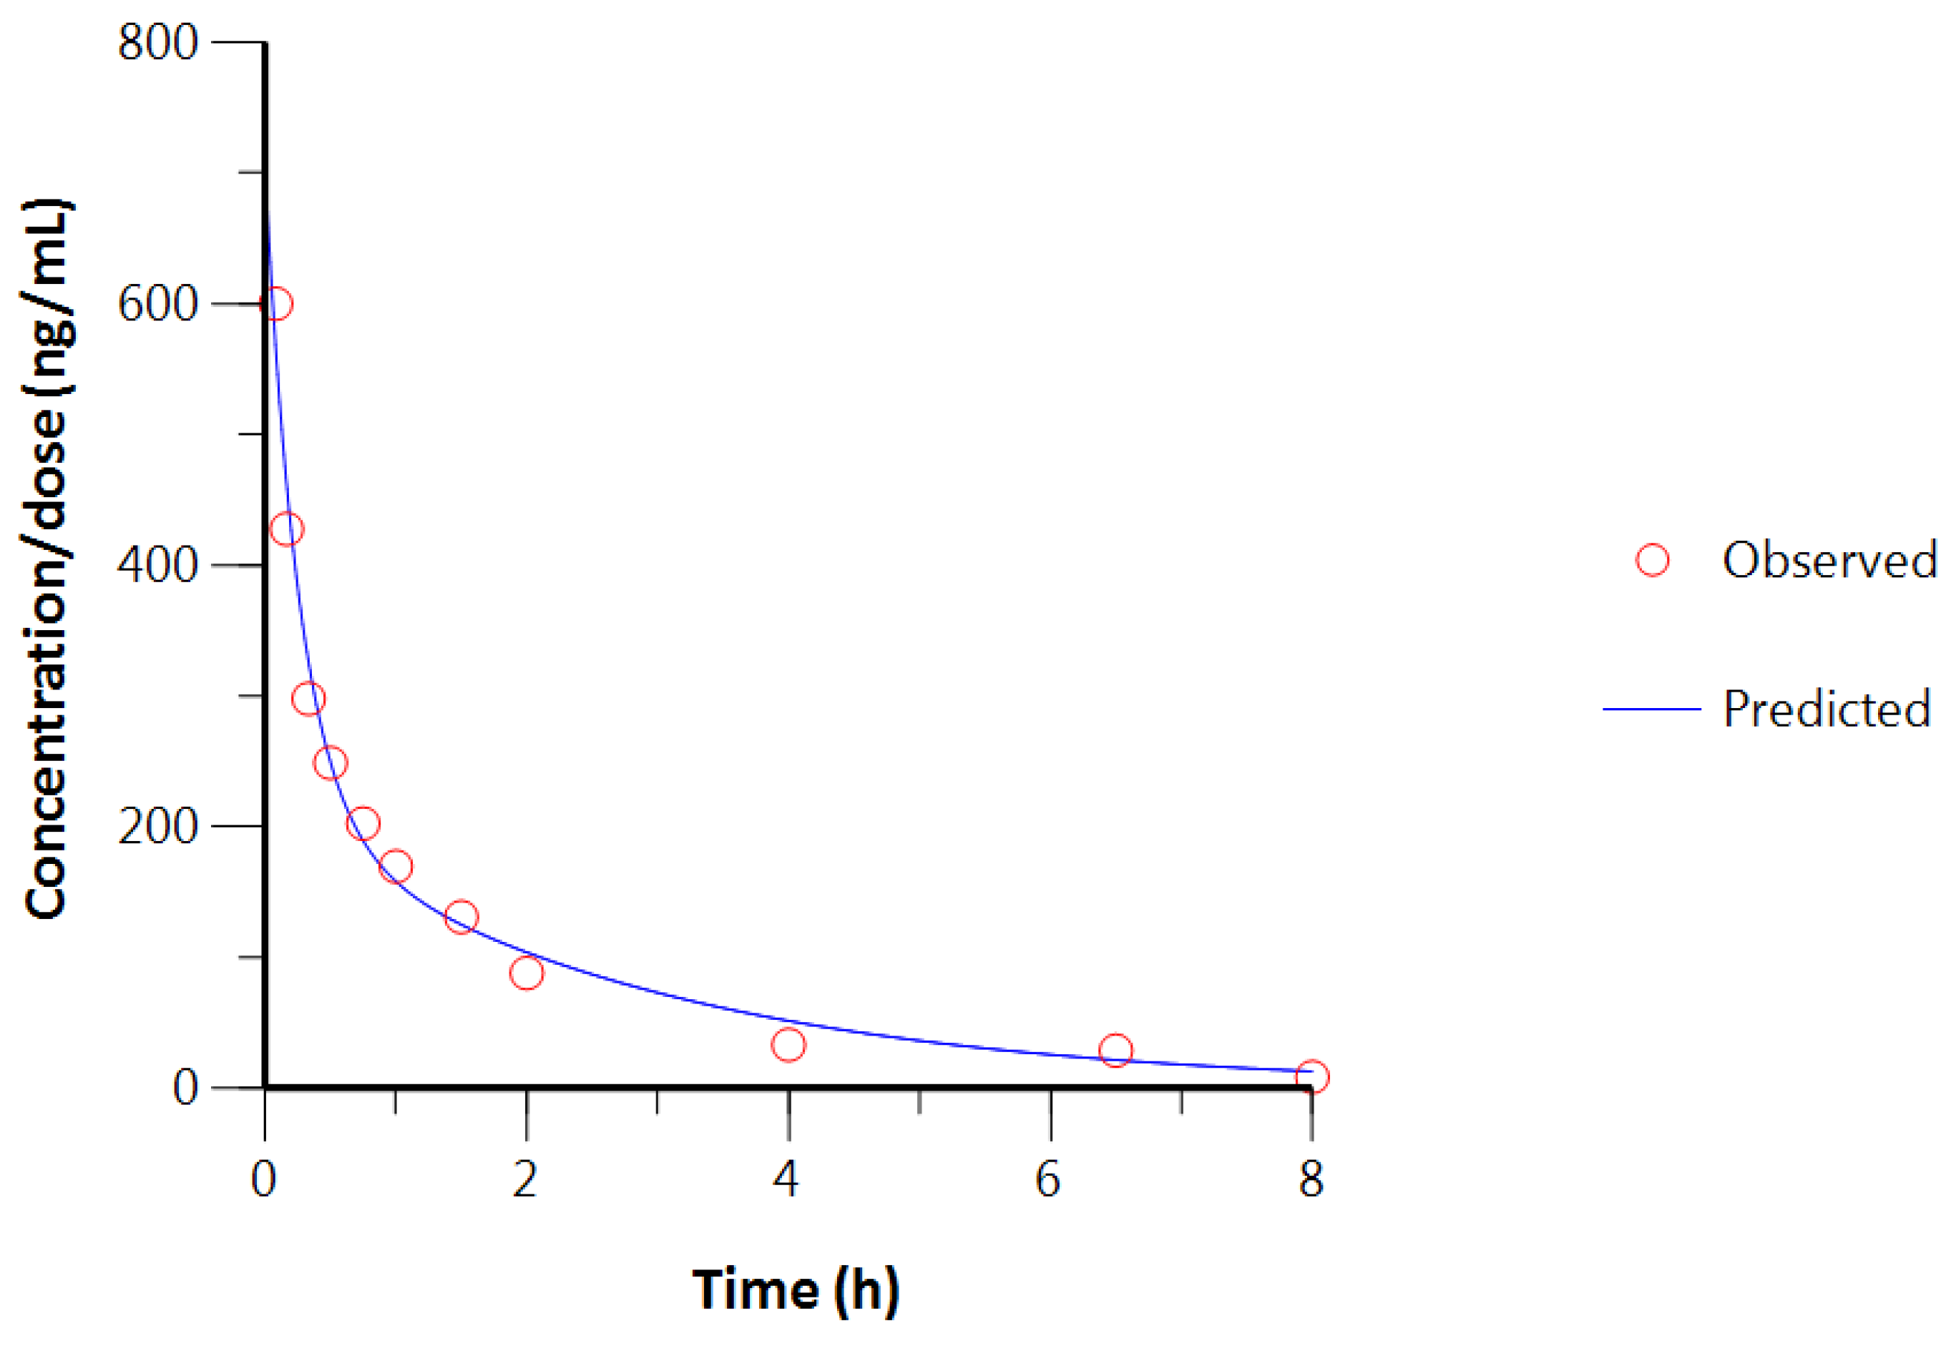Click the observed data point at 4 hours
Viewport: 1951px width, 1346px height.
click(x=788, y=1045)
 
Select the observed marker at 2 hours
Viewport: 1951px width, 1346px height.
click(x=527, y=973)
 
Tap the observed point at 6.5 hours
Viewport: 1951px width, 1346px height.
click(x=1115, y=1050)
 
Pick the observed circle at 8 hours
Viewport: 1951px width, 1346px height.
click(x=1311, y=1076)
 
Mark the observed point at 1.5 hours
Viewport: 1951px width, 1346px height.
click(x=461, y=917)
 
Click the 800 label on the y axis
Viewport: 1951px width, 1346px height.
click(x=157, y=42)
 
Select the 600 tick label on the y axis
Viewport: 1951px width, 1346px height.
click(x=157, y=304)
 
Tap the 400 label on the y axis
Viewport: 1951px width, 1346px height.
click(x=157, y=564)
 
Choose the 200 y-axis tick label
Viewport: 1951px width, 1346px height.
click(x=157, y=825)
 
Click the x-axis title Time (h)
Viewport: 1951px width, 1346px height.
click(x=796, y=1289)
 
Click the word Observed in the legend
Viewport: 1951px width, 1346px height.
click(x=1829, y=560)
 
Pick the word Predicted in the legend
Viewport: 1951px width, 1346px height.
click(x=1827, y=709)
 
